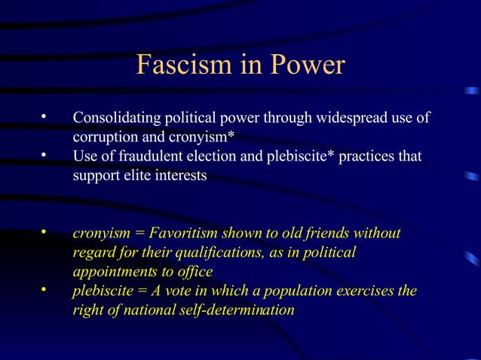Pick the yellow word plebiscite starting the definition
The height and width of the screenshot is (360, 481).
tap(103, 291)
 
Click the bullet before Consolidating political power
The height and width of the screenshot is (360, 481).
tap(44, 117)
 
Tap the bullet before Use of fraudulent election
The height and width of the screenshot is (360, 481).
tap(44, 155)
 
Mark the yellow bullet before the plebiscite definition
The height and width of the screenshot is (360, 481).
tap(44, 289)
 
